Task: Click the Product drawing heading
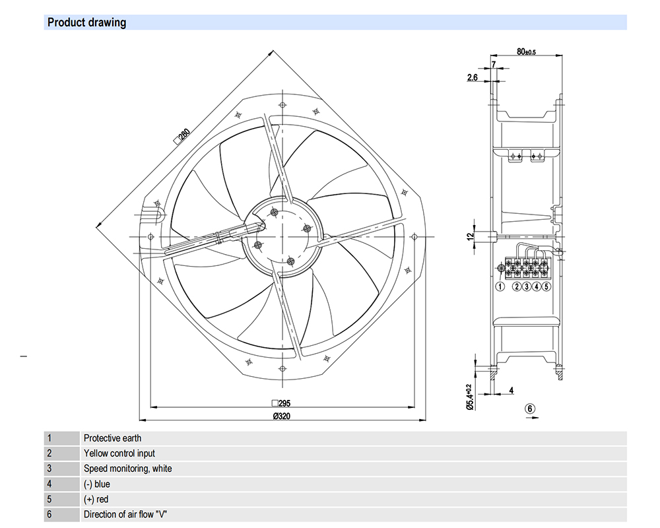tap(86, 22)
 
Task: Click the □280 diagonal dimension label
tap(181, 137)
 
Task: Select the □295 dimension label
tap(281, 403)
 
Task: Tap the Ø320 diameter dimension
tap(282, 416)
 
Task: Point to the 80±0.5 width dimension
tap(526, 51)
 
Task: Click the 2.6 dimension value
tap(473, 77)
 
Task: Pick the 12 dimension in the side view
tap(470, 236)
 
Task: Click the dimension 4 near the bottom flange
tap(511, 390)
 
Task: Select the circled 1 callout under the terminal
tap(500, 286)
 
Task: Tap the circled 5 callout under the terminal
tap(546, 286)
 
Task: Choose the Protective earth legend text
tap(112, 438)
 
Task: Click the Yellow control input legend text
tap(119, 453)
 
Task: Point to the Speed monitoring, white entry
tap(127, 469)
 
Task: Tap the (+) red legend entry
tap(96, 499)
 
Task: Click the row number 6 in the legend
tap(49, 514)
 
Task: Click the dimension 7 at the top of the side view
tap(493, 64)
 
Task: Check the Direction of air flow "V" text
tap(125, 514)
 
